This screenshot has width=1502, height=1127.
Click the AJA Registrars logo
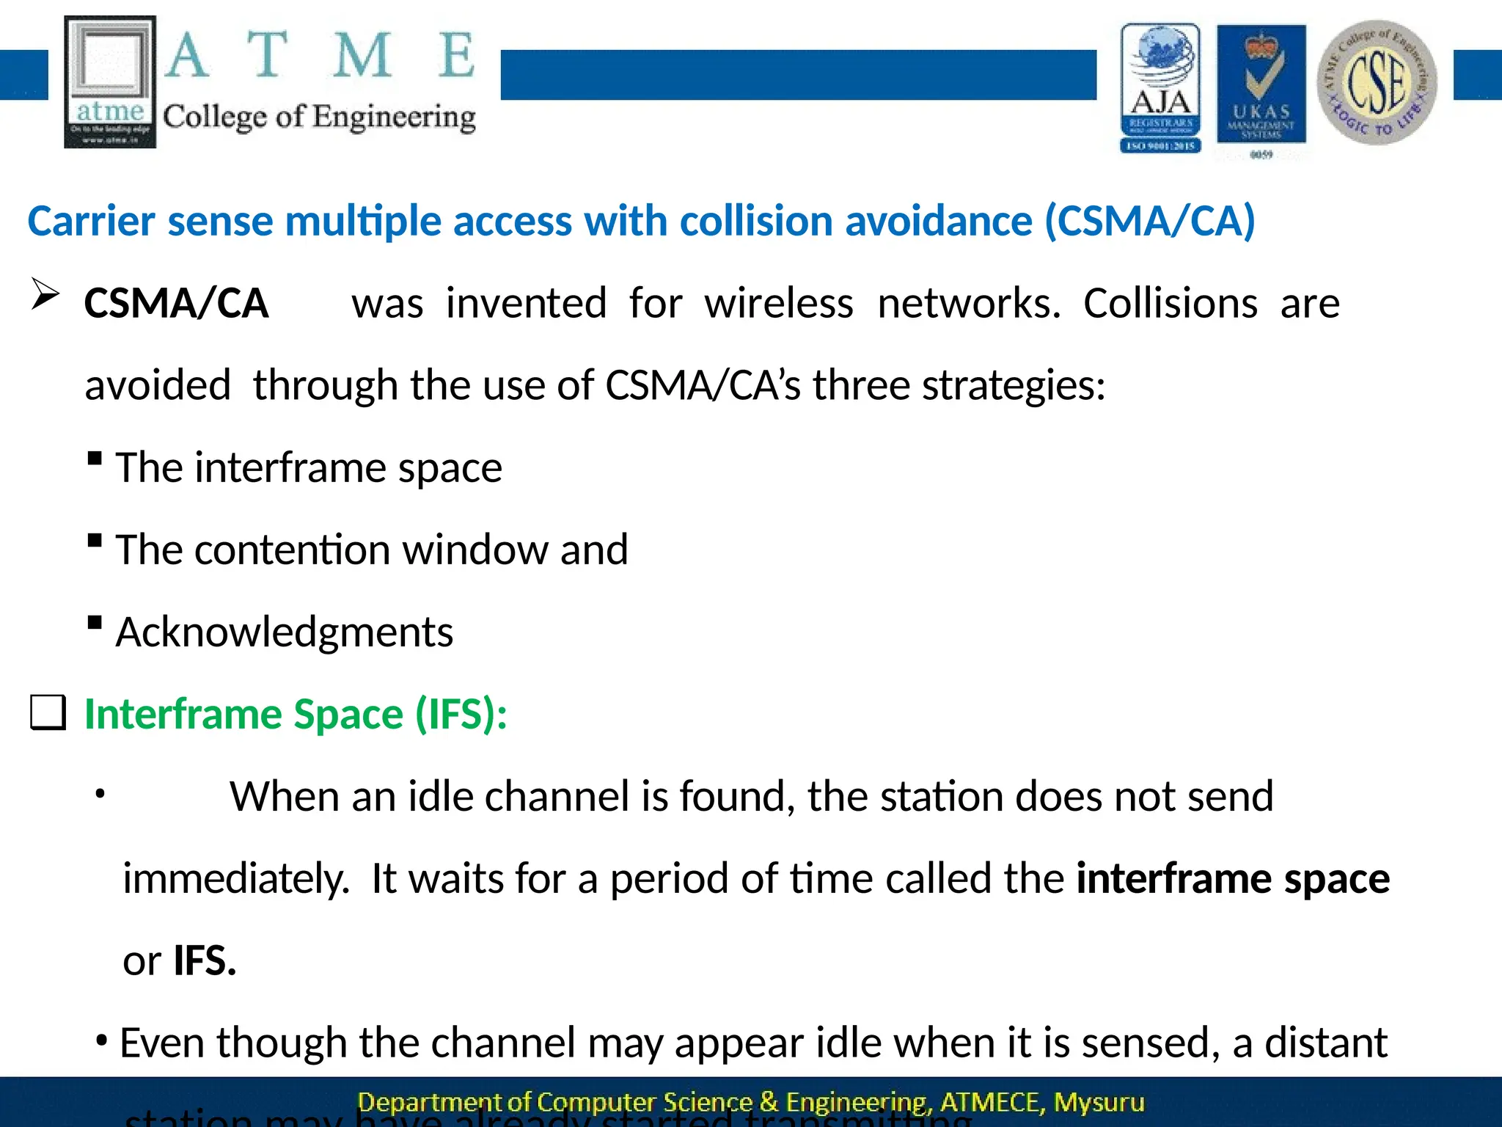point(1160,88)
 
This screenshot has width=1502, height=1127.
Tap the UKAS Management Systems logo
point(1261,88)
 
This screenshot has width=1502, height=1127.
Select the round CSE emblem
point(1377,82)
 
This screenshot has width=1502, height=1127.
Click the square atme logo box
point(110,81)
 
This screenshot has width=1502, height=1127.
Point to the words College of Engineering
point(319,117)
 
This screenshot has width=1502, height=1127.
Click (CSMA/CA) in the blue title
point(1150,221)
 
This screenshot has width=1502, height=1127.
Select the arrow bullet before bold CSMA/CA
point(45,296)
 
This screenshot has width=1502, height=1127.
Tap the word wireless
point(779,303)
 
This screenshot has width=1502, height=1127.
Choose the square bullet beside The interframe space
point(94,459)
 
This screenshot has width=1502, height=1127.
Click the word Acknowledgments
point(285,632)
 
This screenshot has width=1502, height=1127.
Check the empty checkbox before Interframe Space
point(48,713)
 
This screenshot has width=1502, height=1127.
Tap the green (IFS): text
point(461,714)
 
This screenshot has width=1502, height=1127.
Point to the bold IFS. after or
point(205,960)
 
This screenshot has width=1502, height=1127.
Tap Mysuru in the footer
point(1099,1102)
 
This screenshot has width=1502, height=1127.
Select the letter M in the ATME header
point(362,55)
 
